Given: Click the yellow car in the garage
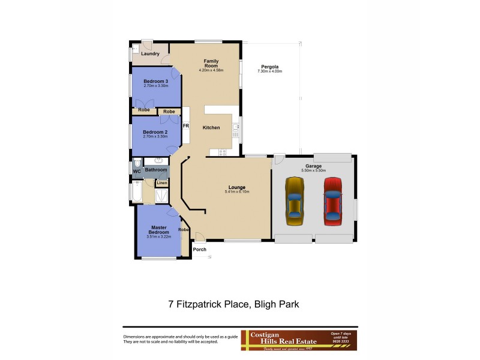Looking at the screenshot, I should [295, 201].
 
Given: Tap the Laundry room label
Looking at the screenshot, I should [150, 54].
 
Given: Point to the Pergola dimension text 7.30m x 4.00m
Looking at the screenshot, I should [269, 71].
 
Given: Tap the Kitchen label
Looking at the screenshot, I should [211, 127].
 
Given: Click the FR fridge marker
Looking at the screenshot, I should [185, 126].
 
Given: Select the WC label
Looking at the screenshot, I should [136, 171].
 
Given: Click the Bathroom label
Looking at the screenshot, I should [156, 170].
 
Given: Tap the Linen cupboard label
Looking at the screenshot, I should [162, 182].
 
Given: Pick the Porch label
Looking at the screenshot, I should [199, 249].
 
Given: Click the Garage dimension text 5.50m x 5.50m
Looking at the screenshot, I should [313, 171].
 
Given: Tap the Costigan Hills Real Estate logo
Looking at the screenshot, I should [299, 340].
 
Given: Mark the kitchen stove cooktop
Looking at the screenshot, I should [223, 152].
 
